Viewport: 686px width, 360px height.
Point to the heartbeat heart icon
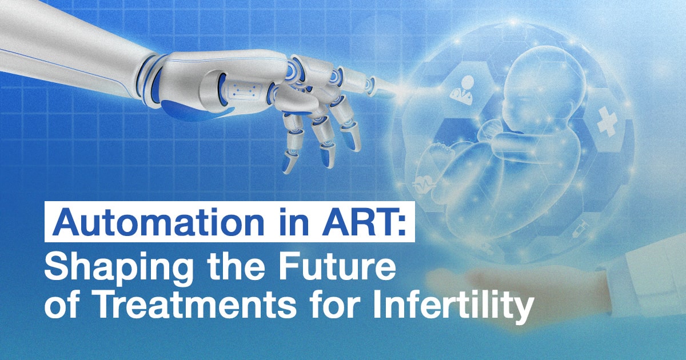pyautogui.click(x=422, y=186)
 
